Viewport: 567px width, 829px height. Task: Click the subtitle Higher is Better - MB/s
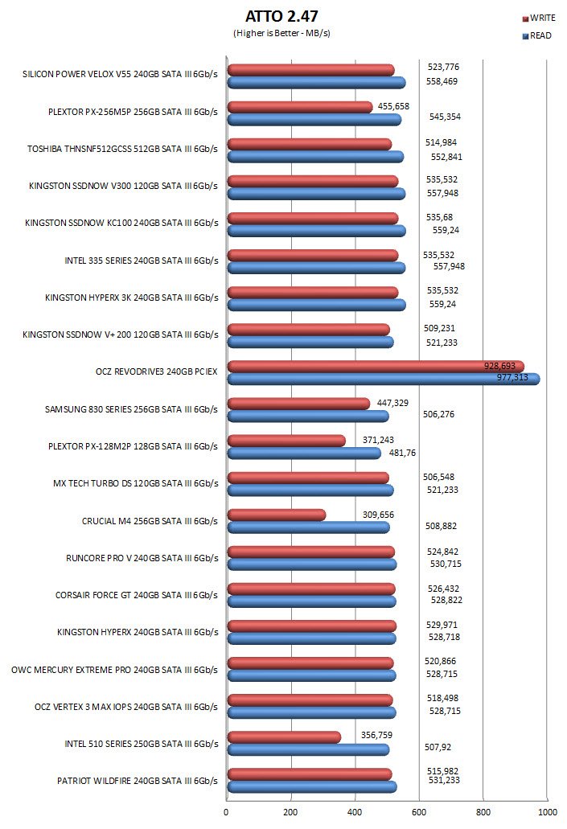pyautogui.click(x=281, y=33)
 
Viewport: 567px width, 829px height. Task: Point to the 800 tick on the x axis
pyautogui.click(x=483, y=811)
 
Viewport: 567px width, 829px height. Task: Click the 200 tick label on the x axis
pyautogui.click(x=290, y=811)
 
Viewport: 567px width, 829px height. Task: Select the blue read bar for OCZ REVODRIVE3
pyautogui.click(x=383, y=379)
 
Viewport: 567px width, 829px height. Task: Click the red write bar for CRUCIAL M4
pyautogui.click(x=276, y=515)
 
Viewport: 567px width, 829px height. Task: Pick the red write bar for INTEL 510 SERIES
pyautogui.click(x=283, y=737)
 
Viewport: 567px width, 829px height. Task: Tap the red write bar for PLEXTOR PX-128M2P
pyautogui.click(x=286, y=441)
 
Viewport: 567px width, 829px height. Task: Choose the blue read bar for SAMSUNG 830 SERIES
pyautogui.click(x=307, y=416)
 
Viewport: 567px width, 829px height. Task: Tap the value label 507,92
pyautogui.click(x=438, y=747)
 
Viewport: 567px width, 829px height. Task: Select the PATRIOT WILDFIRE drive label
pyautogui.click(x=138, y=780)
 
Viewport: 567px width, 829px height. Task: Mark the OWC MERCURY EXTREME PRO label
pyautogui.click(x=115, y=669)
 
